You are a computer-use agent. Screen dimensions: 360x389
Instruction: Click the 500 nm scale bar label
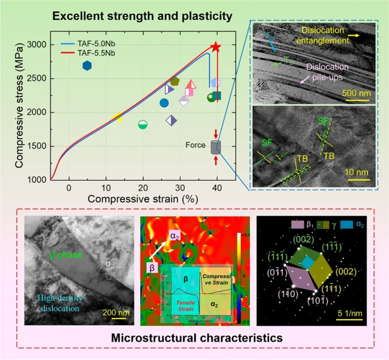(356, 93)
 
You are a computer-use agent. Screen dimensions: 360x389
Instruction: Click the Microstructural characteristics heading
(197, 338)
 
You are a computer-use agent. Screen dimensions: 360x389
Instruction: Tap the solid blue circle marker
(164, 103)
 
